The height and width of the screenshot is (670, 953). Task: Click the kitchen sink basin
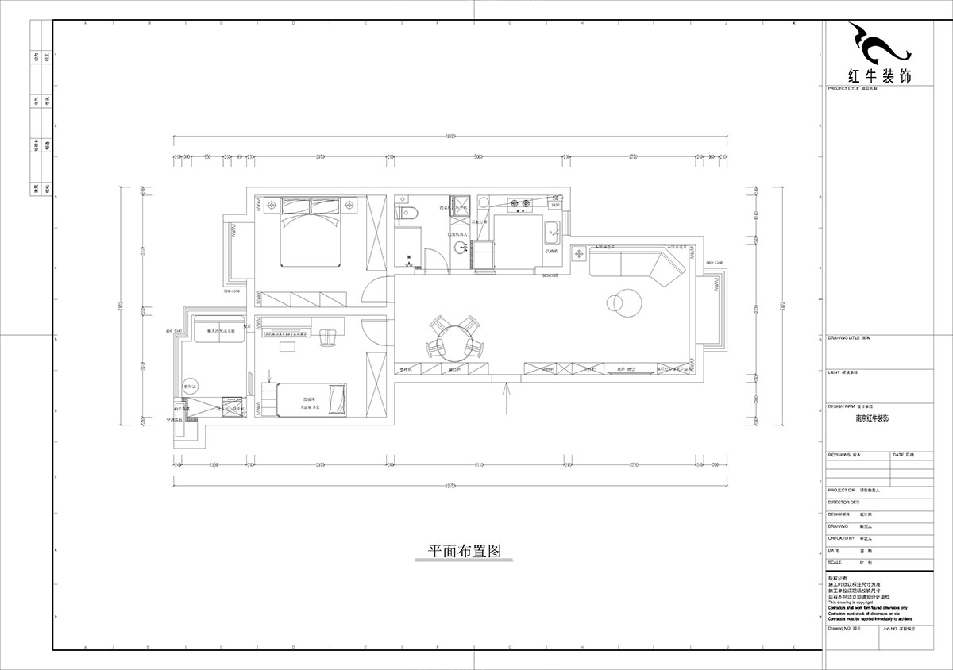coord(554,231)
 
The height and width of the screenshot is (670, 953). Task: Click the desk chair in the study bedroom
coord(327,338)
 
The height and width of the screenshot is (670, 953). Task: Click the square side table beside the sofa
coord(579,255)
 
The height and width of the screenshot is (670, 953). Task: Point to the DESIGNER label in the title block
coord(839,514)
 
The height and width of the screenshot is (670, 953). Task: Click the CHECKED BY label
coord(842,537)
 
